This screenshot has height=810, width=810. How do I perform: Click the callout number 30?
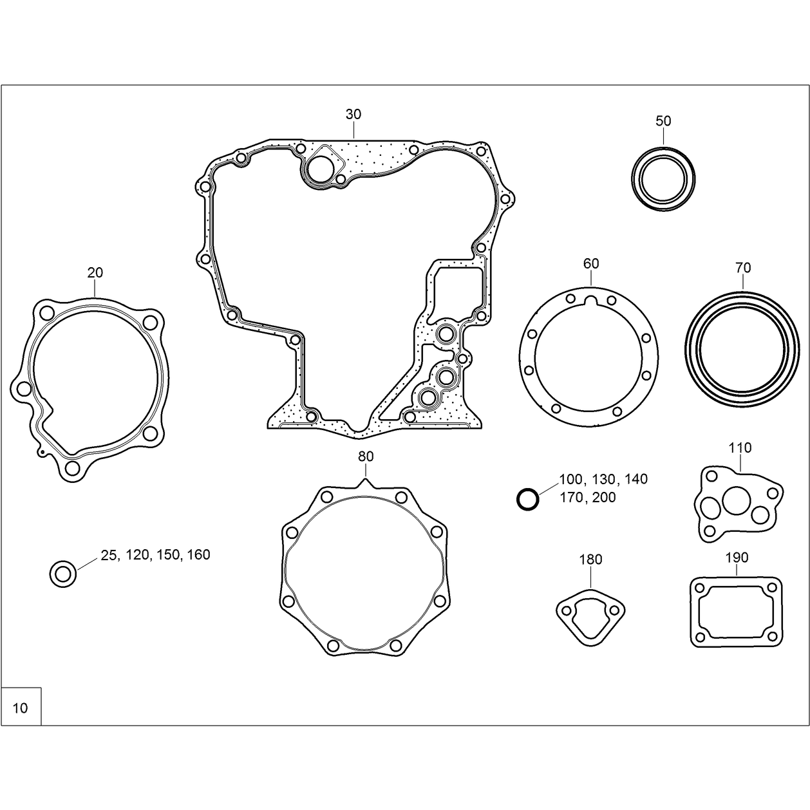click(353, 115)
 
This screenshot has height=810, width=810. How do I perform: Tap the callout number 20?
click(95, 273)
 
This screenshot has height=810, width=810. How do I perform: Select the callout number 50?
click(663, 121)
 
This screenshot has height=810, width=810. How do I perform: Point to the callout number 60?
click(591, 263)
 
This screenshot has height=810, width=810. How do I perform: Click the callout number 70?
click(743, 267)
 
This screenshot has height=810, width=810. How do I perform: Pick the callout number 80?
click(366, 457)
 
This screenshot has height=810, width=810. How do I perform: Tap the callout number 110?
click(740, 448)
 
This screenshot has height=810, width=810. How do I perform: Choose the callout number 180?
click(590, 560)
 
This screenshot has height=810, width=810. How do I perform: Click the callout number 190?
click(737, 558)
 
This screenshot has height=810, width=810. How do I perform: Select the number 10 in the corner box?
click(20, 708)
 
